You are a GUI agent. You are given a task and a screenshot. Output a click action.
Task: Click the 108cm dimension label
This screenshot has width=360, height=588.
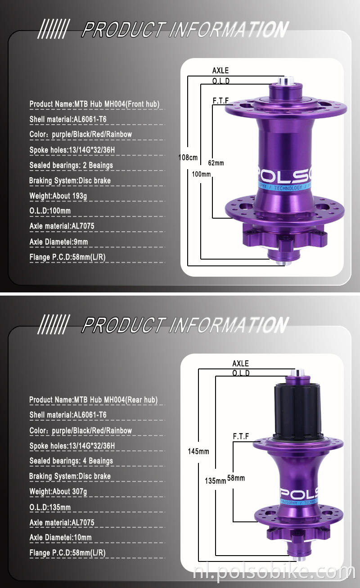188,157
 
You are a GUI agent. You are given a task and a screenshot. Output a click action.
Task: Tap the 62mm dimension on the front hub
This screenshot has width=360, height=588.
216,163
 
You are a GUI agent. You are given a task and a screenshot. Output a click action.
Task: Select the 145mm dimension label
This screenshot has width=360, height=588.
198,451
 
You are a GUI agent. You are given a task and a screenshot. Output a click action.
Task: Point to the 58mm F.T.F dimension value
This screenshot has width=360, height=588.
236,478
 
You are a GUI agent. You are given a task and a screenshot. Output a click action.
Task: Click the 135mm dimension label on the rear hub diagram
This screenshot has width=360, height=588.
215,480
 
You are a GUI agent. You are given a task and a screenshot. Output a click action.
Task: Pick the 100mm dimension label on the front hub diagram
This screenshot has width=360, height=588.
201,174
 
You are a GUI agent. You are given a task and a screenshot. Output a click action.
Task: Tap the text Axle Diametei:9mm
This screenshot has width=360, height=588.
58,242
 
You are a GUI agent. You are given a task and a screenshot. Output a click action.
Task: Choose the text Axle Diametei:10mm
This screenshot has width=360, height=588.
60,538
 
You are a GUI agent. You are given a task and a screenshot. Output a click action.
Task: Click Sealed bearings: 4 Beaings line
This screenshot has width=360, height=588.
71,461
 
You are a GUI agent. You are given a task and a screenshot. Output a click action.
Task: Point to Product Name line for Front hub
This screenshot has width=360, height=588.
94,104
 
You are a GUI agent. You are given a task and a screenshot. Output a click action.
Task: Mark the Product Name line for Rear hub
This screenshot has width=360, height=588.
93,399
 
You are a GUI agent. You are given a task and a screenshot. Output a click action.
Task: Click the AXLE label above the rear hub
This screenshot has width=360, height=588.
240,364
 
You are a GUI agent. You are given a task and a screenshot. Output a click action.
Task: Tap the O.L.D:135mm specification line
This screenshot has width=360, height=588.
50,507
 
